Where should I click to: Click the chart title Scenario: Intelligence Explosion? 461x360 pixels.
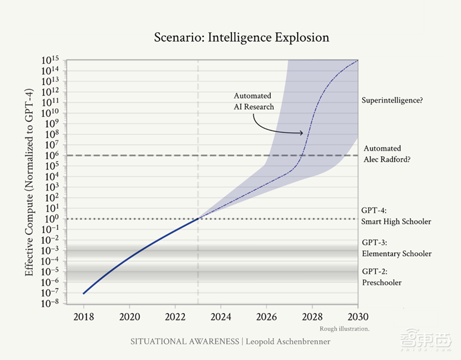pyautogui.click(x=242, y=37)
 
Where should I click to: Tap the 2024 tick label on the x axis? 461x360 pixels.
pyautogui.click(x=221, y=317)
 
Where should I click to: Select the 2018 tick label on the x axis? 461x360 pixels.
pyautogui.click(x=83, y=317)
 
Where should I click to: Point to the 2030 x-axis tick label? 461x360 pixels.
pyautogui.click(x=358, y=317)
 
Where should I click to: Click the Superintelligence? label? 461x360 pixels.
pyautogui.click(x=392, y=100)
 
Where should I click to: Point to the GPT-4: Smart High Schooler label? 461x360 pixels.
pyautogui.click(x=396, y=216)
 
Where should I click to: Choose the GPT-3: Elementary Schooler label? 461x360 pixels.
pyautogui.click(x=396, y=248)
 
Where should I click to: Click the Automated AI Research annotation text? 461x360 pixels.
pyautogui.click(x=253, y=101)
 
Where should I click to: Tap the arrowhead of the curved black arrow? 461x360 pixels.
pyautogui.click(x=302, y=133)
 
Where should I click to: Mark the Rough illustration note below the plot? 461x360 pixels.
pyautogui.click(x=344, y=329)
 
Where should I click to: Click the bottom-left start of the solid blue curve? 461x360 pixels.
pyautogui.click(x=83, y=293)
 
